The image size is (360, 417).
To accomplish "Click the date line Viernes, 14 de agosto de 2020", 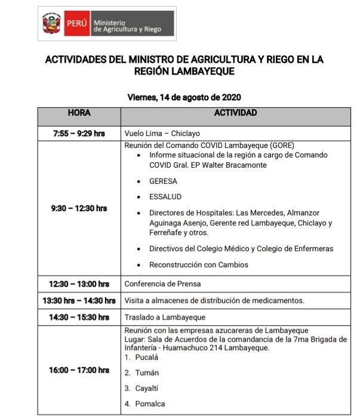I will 184,97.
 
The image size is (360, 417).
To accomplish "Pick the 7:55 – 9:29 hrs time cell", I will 79,134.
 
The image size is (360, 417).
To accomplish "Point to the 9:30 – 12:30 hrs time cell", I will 79,208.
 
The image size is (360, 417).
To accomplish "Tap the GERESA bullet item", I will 163,181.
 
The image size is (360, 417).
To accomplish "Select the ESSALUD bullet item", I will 165,197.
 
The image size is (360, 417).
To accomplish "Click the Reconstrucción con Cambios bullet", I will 198,264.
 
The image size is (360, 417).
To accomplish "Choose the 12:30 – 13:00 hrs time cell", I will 79,284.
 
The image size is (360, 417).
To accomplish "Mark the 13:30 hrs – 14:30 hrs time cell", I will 79,300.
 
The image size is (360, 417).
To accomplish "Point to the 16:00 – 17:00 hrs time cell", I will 79,370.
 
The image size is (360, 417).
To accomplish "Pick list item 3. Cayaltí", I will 142,388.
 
